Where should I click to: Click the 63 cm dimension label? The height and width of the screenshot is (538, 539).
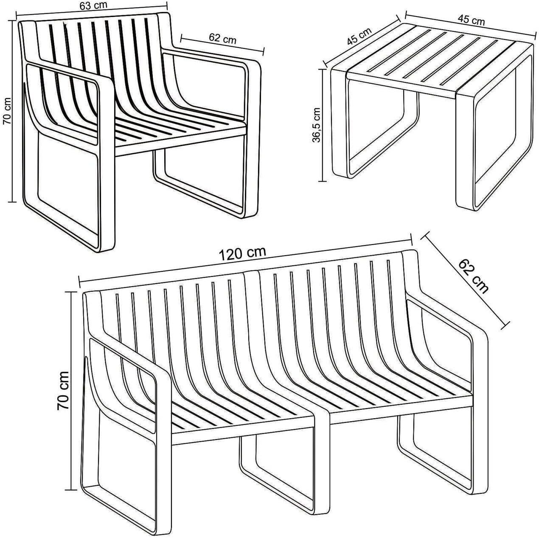[93, 6]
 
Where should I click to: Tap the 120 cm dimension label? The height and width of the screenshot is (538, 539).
[242, 253]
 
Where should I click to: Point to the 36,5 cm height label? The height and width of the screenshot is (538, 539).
[317, 125]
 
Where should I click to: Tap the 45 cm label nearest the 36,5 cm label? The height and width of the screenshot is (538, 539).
[359, 36]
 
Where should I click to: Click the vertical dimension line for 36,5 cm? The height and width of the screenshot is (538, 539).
[323, 125]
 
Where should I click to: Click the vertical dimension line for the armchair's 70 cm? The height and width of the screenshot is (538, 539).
[12, 111]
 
